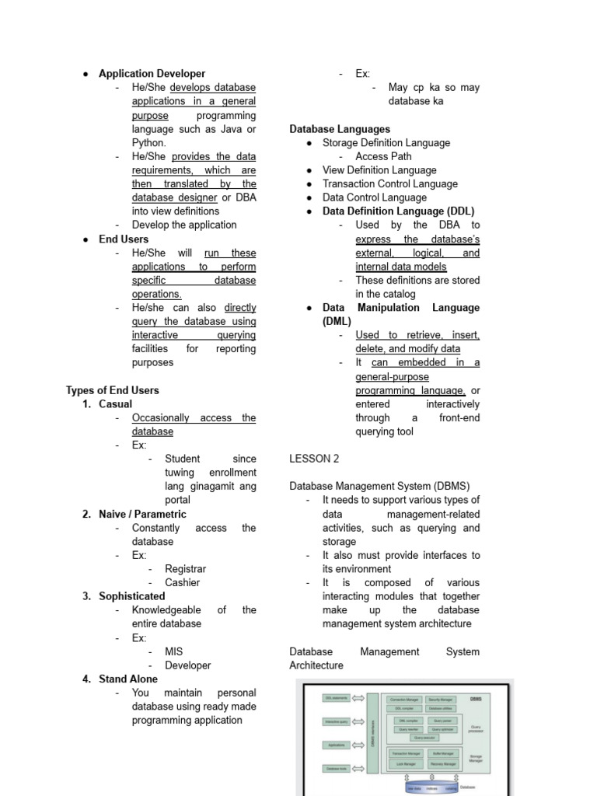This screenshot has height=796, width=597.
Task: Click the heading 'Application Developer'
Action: [x=152, y=74]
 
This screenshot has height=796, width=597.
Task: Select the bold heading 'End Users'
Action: [x=123, y=239]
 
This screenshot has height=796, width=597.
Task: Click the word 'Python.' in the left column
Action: [x=148, y=143]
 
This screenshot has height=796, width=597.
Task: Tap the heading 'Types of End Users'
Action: [x=112, y=390]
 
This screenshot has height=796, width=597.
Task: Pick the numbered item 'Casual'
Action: [x=115, y=404]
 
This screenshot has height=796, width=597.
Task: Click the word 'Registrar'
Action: [x=185, y=569]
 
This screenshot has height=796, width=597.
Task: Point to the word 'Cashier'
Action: [x=182, y=582]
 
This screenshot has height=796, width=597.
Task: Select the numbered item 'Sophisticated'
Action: [x=131, y=596]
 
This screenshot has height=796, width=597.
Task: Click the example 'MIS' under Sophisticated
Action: [x=174, y=651]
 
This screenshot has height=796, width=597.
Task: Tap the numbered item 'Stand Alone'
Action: [x=127, y=679]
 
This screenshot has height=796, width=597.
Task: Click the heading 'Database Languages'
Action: [x=340, y=129]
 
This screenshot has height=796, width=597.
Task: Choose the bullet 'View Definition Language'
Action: [x=379, y=170]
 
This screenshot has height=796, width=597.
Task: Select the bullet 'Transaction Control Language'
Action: [x=389, y=184]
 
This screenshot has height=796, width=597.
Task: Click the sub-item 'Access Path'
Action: [x=383, y=156]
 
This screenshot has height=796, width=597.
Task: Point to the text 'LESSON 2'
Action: [x=314, y=459]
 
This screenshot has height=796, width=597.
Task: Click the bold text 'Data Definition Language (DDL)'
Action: [x=398, y=211]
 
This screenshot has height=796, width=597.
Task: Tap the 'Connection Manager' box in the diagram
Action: [x=404, y=700]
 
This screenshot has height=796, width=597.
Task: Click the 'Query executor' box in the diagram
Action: [x=424, y=738]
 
